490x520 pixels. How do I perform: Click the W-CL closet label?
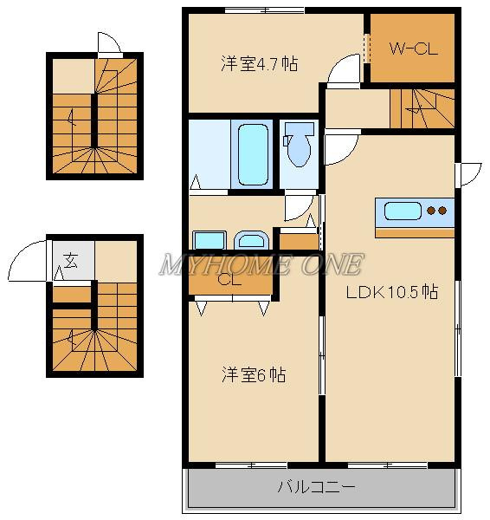pos(414,49)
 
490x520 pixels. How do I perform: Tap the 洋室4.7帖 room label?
pos(260,63)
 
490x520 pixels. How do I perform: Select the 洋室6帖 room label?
pos(254,375)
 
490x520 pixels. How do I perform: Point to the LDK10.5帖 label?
pos(392,292)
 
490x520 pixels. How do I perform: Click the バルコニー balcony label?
pos(316,487)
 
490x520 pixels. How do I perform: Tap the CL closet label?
pos(229,281)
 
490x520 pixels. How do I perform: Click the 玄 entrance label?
pos(71,260)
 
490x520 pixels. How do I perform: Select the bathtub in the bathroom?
pos(254,154)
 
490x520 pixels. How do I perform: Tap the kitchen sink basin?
pos(403,211)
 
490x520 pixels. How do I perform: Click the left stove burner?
pos(431,211)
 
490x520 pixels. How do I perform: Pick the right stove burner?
pos(442,211)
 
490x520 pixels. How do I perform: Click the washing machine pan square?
pos(210,240)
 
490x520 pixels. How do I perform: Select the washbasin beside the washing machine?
pos(251,240)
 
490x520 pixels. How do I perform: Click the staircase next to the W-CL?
pos(422,108)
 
